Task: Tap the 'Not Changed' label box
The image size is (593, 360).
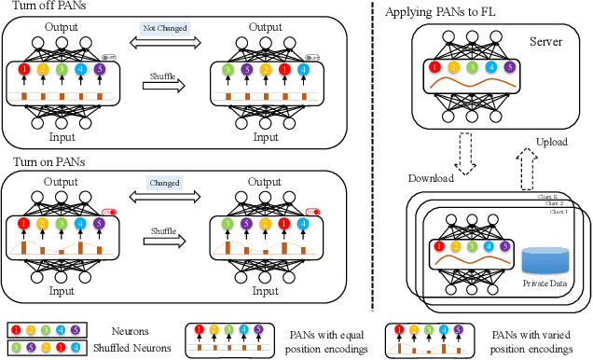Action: [x=164, y=28]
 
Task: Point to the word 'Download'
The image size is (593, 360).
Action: [x=431, y=177]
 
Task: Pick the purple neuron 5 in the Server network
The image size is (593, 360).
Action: [x=508, y=66]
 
